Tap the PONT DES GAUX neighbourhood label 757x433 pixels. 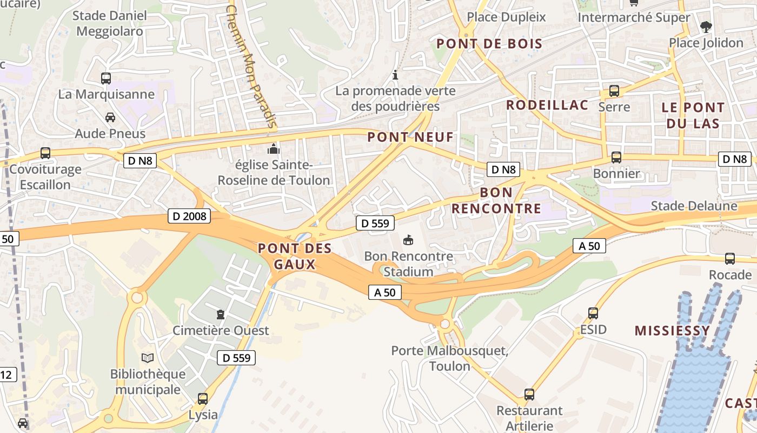point(295,256)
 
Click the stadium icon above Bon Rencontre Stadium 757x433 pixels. point(408,239)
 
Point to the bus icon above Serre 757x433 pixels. point(614,91)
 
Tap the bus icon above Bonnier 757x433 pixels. point(616,158)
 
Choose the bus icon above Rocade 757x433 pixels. point(730,259)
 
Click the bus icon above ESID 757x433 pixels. point(593,313)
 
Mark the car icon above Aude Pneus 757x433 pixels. point(110,117)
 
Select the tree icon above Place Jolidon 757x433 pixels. point(706,27)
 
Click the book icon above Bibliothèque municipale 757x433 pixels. point(148,358)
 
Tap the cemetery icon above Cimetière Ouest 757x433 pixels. point(220,314)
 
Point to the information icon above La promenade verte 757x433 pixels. point(395,75)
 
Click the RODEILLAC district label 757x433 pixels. point(547,105)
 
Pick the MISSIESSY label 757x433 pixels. point(672,331)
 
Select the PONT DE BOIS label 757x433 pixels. point(489,44)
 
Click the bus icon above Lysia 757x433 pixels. point(203,399)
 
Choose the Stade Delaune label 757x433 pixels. point(694,206)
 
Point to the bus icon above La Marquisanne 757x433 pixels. point(106,78)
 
